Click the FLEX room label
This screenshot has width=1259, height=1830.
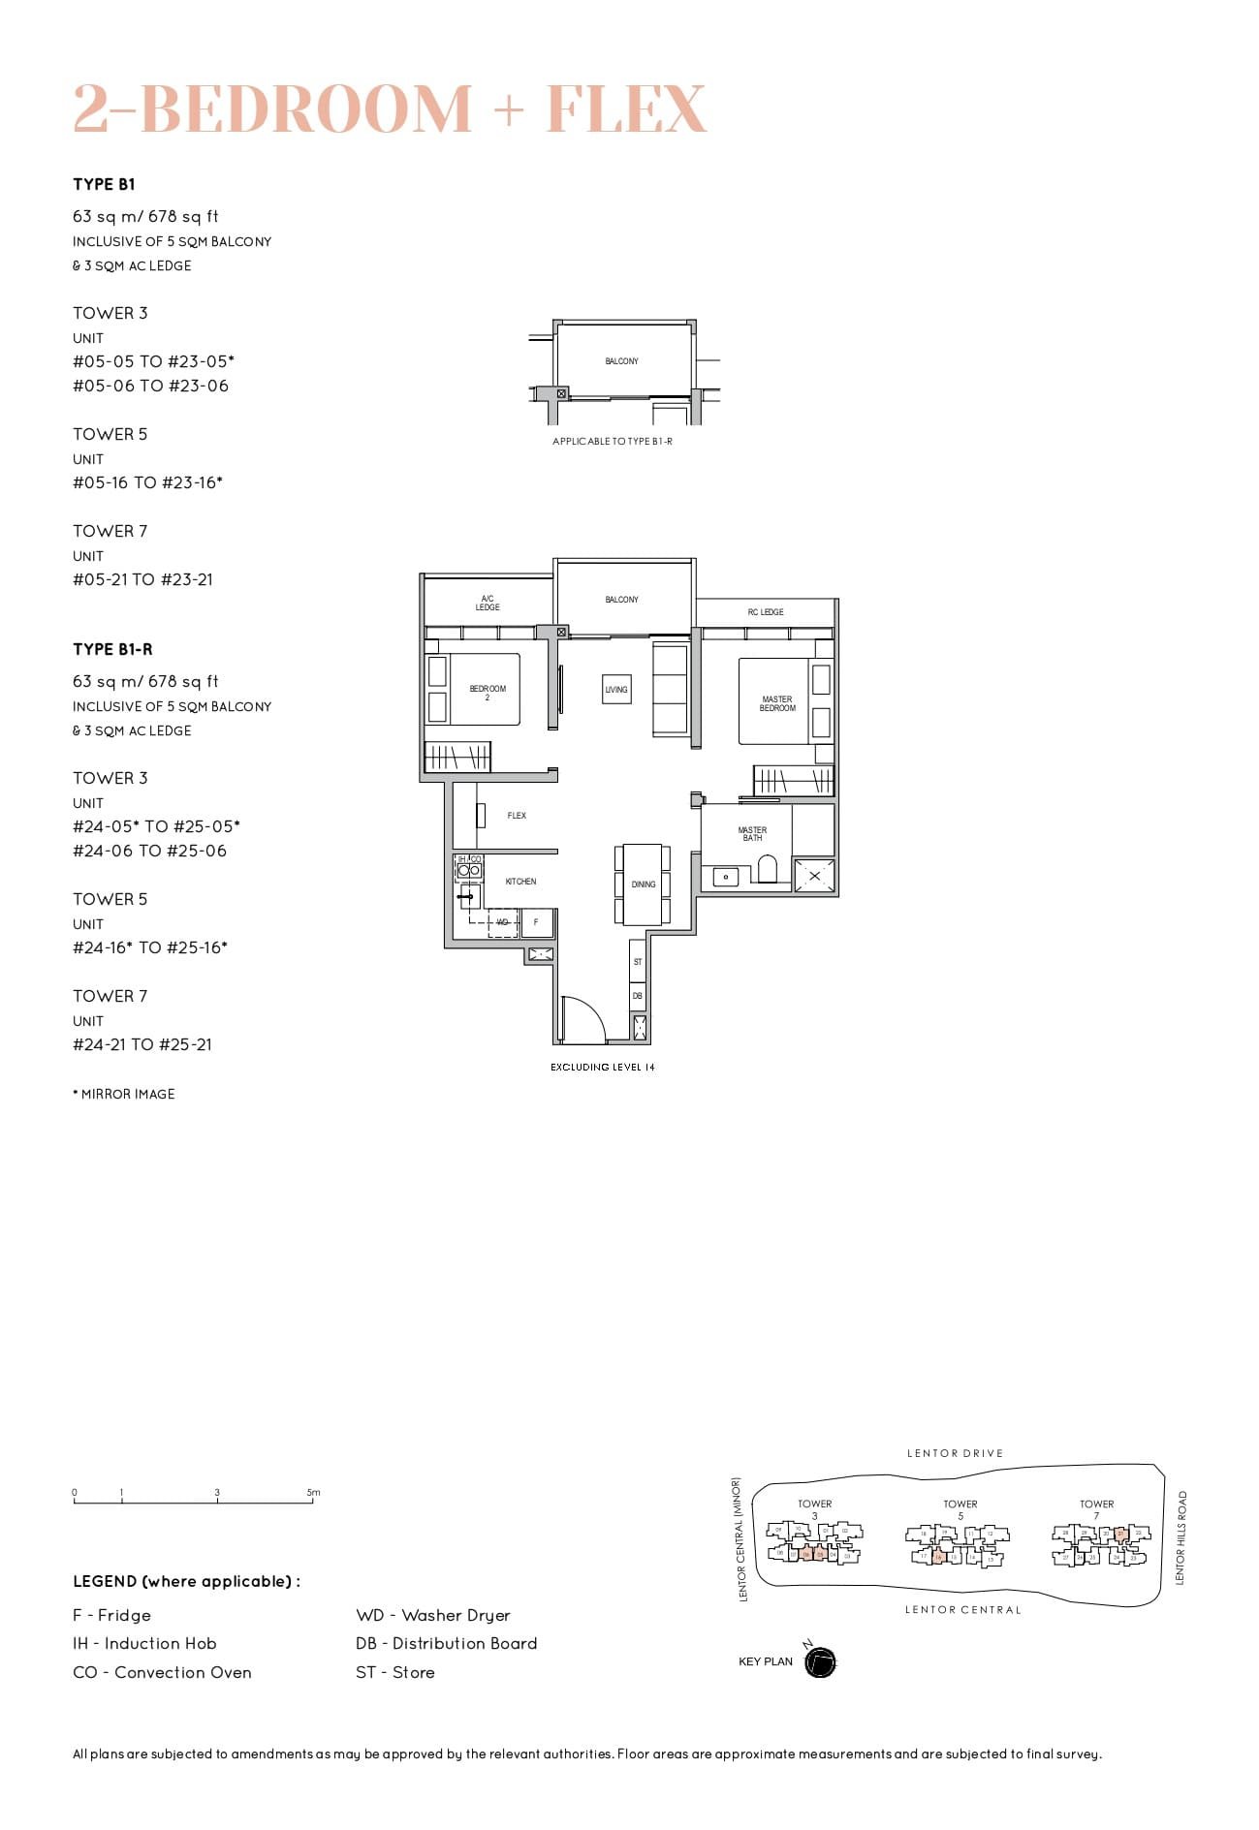point(517,816)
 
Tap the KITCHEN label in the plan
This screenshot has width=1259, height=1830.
point(520,882)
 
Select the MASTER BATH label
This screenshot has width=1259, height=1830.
point(752,834)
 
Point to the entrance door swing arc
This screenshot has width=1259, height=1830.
point(585,1020)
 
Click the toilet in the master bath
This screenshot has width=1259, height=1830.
point(768,869)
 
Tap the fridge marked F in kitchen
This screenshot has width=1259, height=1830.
point(536,922)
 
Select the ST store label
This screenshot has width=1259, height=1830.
point(638,962)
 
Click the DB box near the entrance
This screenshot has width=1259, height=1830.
point(638,996)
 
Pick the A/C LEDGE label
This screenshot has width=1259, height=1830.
point(488,603)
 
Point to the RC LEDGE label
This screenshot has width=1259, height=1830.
point(766,612)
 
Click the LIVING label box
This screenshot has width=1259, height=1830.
point(616,690)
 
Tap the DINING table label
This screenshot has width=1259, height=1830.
point(644,884)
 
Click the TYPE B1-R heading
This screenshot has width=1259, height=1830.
point(112,649)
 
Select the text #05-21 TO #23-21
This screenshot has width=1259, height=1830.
point(142,579)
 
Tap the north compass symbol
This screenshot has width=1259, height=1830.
point(820,1662)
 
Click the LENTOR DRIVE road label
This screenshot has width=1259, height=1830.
point(955,1453)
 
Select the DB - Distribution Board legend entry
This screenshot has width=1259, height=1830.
point(446,1643)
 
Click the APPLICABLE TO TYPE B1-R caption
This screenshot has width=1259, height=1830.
point(612,442)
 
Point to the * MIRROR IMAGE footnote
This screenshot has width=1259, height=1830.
point(124,1094)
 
